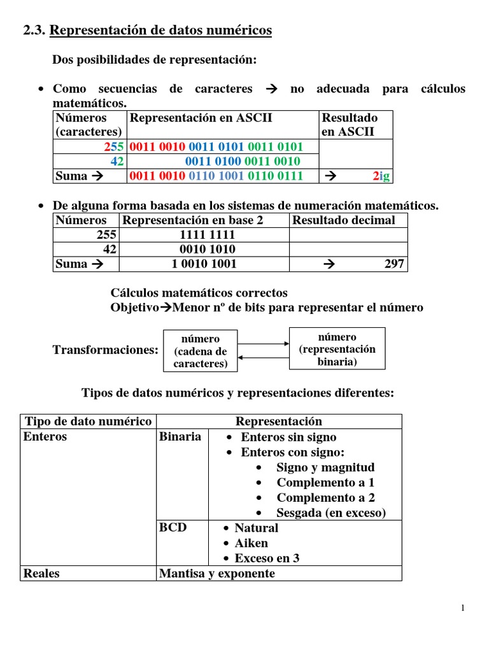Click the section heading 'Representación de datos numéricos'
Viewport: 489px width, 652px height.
pos(160,30)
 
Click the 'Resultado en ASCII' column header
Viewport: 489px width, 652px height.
pos(350,125)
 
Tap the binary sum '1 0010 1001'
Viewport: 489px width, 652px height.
pos(204,264)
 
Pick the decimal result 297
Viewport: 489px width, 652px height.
pos(393,264)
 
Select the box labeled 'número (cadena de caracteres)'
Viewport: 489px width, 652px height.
pos(201,351)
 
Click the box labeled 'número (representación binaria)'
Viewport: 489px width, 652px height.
pos(337,349)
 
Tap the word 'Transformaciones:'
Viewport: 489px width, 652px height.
pos(105,350)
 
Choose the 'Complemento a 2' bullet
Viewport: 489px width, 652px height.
pos(325,498)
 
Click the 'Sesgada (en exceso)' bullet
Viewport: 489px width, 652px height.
pos(330,513)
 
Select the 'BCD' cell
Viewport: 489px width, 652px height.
pos(173,528)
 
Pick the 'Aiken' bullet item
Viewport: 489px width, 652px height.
pos(251,543)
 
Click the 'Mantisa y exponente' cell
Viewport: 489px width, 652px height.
pos(217,574)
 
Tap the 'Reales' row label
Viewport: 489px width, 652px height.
pos(41,574)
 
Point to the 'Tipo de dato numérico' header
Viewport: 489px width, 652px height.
pos(88,422)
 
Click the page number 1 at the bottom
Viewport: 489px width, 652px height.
pos(464,609)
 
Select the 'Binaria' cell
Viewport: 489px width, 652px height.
pos(181,437)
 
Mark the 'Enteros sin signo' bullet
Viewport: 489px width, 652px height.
pos(288,437)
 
